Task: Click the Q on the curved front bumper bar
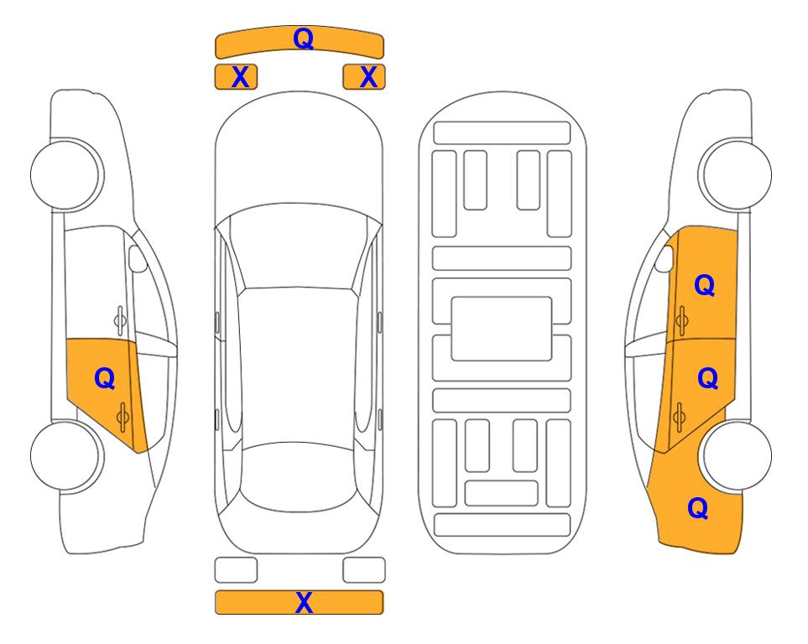click(x=303, y=39)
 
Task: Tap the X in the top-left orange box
click(x=240, y=77)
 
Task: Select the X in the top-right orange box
click(x=368, y=77)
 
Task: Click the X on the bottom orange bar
click(x=304, y=602)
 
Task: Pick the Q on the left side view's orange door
click(x=105, y=379)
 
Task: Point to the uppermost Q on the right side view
click(x=705, y=285)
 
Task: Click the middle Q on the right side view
click(x=707, y=378)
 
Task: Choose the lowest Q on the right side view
click(x=698, y=508)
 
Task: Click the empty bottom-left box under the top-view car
click(x=236, y=570)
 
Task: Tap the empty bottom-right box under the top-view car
click(x=364, y=570)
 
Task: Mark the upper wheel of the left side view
click(x=65, y=175)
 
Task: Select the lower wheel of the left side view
click(x=65, y=455)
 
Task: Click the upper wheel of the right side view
click(x=737, y=175)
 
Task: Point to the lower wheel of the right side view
click(x=737, y=455)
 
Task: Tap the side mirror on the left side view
click(x=138, y=258)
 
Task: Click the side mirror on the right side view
click(x=665, y=258)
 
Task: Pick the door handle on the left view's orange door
click(x=123, y=417)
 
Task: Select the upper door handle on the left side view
click(x=120, y=320)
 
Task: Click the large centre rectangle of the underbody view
click(x=502, y=329)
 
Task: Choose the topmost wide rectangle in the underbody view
click(x=502, y=133)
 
